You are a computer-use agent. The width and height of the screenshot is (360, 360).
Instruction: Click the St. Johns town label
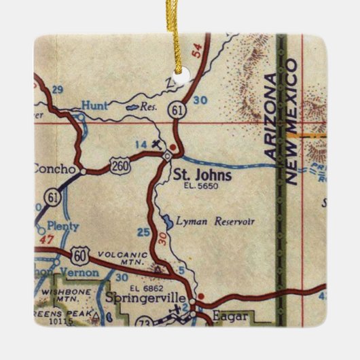click(x=202, y=175)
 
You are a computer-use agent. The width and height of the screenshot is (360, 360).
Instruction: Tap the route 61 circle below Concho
click(x=52, y=197)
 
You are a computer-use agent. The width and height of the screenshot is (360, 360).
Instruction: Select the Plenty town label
click(x=65, y=226)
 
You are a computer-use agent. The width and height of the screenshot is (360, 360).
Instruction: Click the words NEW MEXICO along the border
click(x=293, y=122)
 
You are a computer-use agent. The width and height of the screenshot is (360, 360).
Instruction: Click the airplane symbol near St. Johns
click(x=158, y=143)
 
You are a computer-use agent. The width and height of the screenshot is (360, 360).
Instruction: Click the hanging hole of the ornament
click(x=181, y=77)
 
